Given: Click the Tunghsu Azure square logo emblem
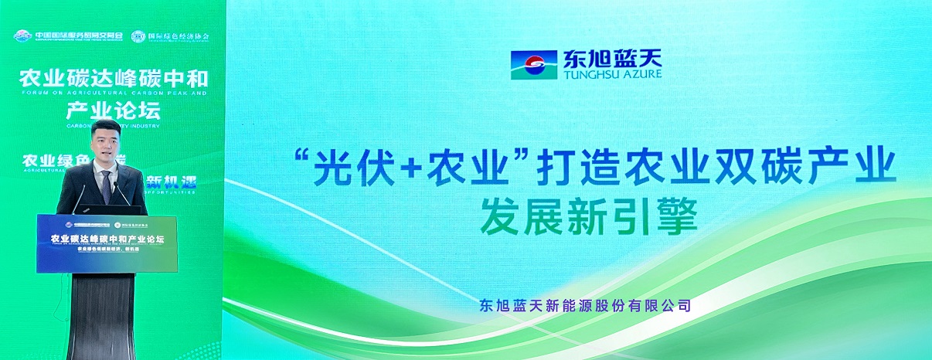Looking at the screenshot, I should pos(531,64).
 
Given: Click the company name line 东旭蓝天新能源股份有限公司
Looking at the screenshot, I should pos(584,305).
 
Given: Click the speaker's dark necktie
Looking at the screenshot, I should pos(105,185).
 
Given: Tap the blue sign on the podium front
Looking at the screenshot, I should pos(107,243).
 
